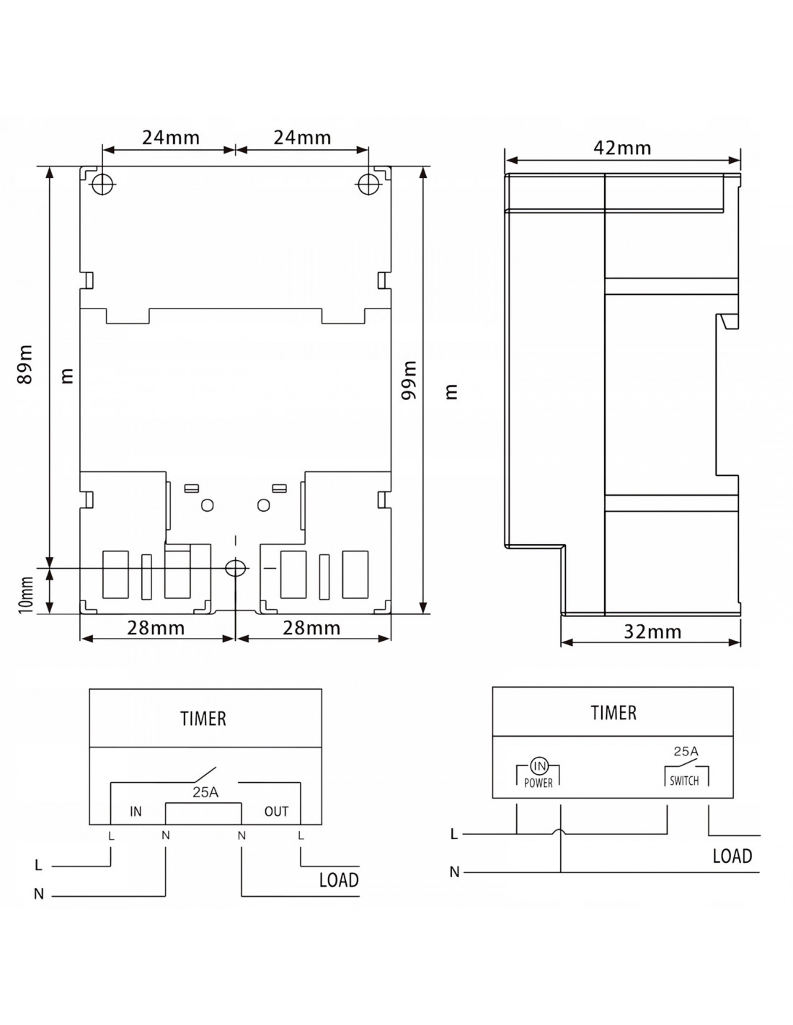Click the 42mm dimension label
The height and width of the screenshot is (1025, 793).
click(x=621, y=148)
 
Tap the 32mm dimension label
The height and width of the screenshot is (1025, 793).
click(x=652, y=631)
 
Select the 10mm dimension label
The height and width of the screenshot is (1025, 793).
click(x=26, y=595)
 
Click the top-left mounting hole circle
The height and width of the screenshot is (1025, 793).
click(x=103, y=184)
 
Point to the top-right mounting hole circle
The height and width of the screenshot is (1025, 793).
click(x=368, y=184)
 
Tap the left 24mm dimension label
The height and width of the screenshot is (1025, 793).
click(x=171, y=137)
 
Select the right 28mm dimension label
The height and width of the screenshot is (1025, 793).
click(x=311, y=628)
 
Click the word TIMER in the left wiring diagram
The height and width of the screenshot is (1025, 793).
click(x=203, y=719)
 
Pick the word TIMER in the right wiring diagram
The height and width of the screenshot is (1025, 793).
click(x=613, y=712)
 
